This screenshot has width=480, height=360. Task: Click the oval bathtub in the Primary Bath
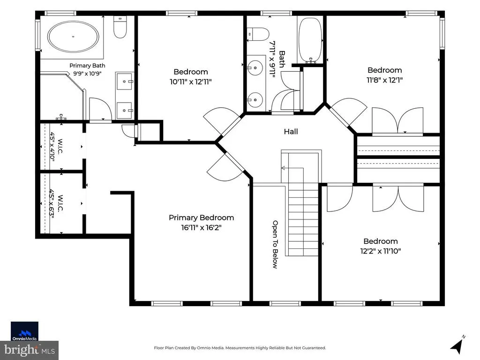coord(73,37)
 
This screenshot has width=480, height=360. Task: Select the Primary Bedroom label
coord(202,217)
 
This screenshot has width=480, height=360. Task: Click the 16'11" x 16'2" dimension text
coord(201,228)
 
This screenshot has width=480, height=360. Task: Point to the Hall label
coord(291,132)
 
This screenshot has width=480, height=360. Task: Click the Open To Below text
coord(275,244)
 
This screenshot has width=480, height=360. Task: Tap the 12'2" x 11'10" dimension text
coord(381,251)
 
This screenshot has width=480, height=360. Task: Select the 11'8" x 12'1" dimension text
coord(384,80)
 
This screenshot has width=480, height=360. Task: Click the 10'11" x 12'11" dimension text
coord(191,82)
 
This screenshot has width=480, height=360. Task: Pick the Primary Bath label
coord(87,66)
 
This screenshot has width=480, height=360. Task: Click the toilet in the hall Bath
coord(258,33)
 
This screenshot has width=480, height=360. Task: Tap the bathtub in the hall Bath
coord(310,40)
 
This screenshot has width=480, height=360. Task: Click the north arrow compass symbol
coord(458,344)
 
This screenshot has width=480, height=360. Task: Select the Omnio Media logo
coord(24,331)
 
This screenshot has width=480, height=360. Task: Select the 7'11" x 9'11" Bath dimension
coord(272,59)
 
